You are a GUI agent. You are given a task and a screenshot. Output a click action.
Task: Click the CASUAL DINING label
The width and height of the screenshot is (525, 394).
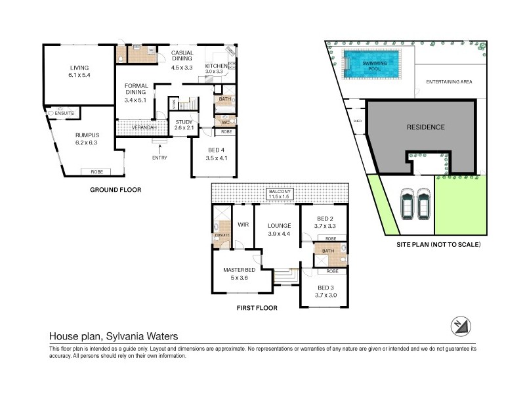pyautogui.click(x=181, y=57)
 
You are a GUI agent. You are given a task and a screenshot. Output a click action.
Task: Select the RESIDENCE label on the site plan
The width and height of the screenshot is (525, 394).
pyautogui.click(x=425, y=127)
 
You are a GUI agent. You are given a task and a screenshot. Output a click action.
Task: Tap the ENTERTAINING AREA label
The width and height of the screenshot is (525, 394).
pyautogui.click(x=448, y=82)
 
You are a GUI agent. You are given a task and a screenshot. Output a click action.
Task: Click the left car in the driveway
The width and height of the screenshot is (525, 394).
pyautogui.click(x=407, y=205)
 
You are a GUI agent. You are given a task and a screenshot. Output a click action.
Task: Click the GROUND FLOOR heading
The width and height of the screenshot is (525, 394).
pyautogui.click(x=115, y=190)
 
